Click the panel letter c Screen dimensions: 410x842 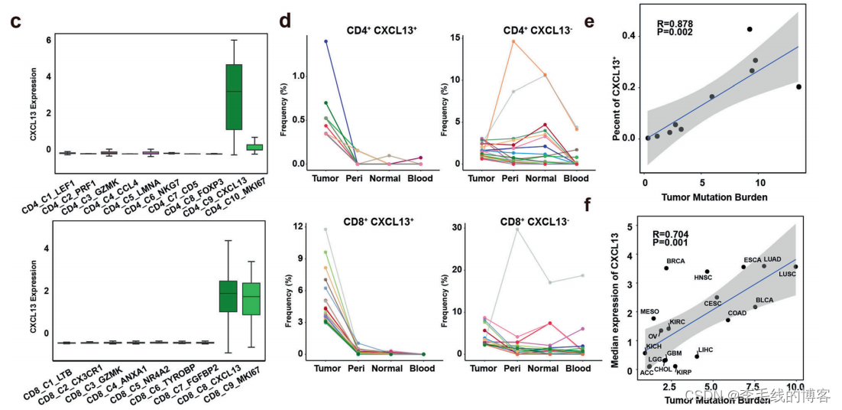click(15, 21)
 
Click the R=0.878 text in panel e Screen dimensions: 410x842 click(675, 24)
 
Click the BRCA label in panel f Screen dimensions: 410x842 click(675, 262)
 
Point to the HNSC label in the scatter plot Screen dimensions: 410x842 click(703, 277)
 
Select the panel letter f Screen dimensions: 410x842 click(608, 204)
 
